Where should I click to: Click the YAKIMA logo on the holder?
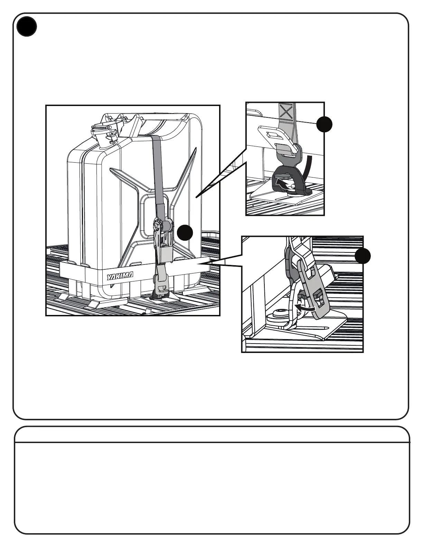[x=120, y=277]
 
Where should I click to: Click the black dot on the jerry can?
[x=185, y=233]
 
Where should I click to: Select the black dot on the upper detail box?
[x=324, y=124]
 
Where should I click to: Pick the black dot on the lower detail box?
[x=363, y=256]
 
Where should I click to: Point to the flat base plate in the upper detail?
[x=273, y=197]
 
